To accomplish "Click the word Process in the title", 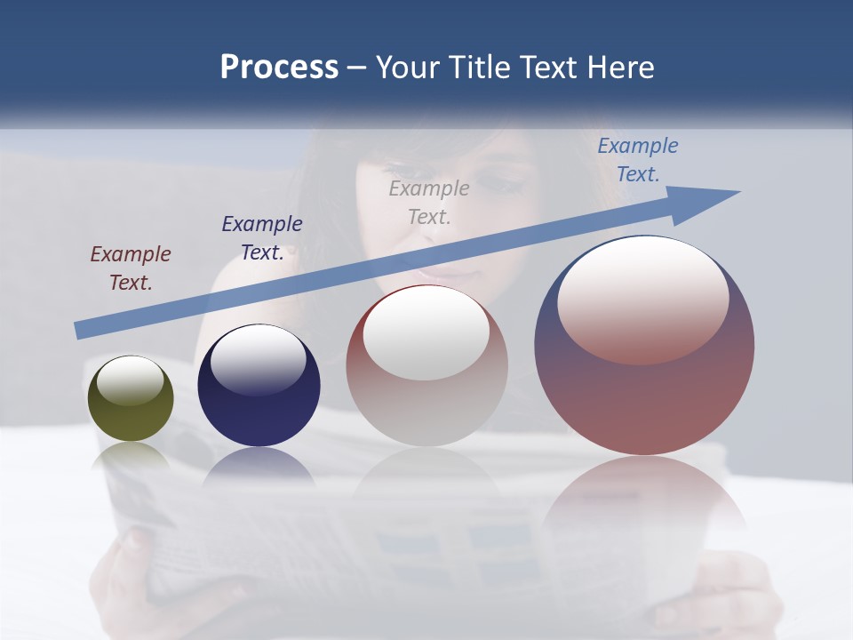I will pyautogui.click(x=279, y=68).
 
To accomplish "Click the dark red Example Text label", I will pyautogui.click(x=131, y=268).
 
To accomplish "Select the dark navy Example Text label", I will pyautogui.click(x=262, y=237).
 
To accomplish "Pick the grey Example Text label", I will pyautogui.click(x=429, y=202).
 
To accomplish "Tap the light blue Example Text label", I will pyautogui.click(x=638, y=159).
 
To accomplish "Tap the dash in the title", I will pyautogui.click(x=356, y=68).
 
